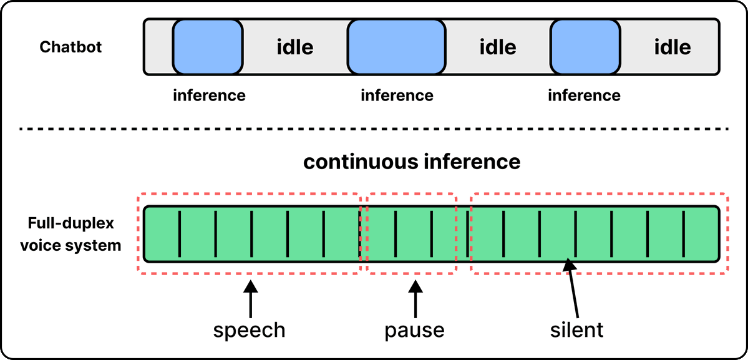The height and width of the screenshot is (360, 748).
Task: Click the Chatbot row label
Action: coord(70,47)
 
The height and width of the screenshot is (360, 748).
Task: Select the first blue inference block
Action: coord(208,47)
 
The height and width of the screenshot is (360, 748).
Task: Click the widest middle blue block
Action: coord(396,47)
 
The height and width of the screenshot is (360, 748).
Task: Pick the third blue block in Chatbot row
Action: coord(585,47)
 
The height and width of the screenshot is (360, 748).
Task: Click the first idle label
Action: coord(295,47)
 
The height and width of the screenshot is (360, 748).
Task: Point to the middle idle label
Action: coord(498,47)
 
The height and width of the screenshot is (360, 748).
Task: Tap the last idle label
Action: coord(672,47)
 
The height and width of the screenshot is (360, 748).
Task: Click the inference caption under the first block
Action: coord(209,95)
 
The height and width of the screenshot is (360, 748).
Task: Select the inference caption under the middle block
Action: coord(397,95)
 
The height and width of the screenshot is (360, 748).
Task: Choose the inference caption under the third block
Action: coord(585,95)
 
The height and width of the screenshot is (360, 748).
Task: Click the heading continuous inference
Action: coord(411,163)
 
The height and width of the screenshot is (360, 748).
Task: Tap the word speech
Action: coord(249,331)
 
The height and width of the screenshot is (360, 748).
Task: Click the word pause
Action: coord(415,330)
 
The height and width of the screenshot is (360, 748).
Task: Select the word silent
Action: coord(576,329)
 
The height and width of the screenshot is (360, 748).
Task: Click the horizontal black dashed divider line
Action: coord(374,129)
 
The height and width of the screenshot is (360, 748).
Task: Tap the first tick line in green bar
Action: coord(180,235)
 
